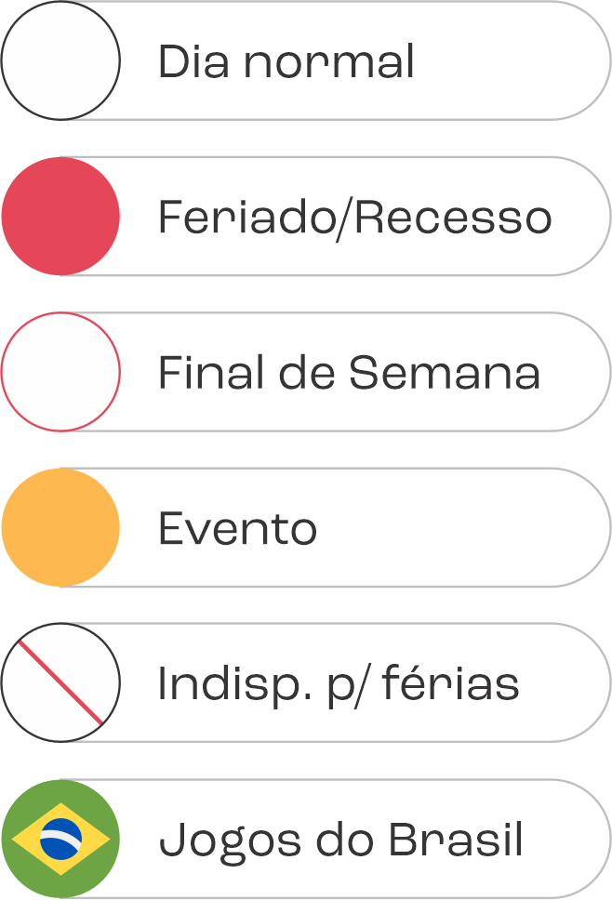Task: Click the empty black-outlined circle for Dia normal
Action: [60, 60]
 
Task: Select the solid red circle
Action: [60, 216]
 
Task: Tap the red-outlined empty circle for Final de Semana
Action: [60, 372]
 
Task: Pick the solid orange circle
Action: [60, 527]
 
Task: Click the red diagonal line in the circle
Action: [60, 682]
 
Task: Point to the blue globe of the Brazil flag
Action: [60, 839]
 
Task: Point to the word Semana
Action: [445, 373]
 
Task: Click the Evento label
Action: [237, 529]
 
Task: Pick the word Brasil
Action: [455, 840]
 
